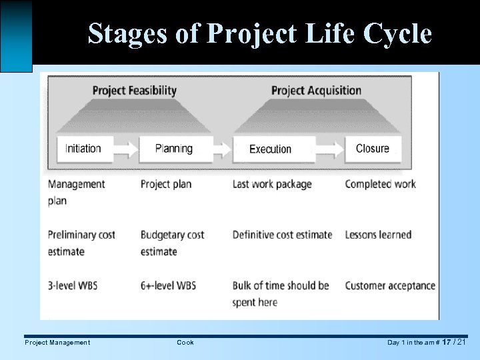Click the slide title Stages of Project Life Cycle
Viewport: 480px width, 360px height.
(x=259, y=33)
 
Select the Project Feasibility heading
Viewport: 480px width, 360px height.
(x=134, y=91)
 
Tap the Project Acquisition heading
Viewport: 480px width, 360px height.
(x=316, y=91)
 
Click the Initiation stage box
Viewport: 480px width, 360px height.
(x=83, y=149)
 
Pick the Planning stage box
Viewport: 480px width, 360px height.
(x=173, y=149)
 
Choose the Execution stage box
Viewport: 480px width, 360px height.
(x=270, y=149)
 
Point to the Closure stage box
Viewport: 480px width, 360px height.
(x=372, y=149)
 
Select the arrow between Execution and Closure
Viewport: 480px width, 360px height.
(x=329, y=149)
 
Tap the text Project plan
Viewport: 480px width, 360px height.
(x=165, y=184)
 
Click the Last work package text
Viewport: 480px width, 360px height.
(x=271, y=184)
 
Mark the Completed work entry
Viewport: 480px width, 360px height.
(x=380, y=184)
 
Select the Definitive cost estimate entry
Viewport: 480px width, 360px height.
(x=282, y=235)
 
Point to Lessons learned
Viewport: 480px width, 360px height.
(x=378, y=235)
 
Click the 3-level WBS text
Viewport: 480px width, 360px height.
(x=73, y=285)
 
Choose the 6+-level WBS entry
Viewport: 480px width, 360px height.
(x=168, y=285)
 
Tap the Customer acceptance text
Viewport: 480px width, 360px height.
(x=390, y=285)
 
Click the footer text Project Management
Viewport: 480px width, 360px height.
(x=57, y=343)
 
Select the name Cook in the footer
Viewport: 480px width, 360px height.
(x=185, y=343)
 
